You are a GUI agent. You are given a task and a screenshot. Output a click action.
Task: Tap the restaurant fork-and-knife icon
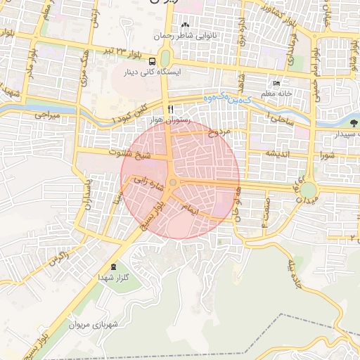170,110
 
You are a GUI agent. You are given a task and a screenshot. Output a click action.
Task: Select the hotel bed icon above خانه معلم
276,83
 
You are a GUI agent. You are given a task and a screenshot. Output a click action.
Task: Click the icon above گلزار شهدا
114,267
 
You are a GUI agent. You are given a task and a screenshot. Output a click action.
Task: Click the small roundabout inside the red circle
173,182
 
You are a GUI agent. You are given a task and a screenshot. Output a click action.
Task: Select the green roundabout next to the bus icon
165,58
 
